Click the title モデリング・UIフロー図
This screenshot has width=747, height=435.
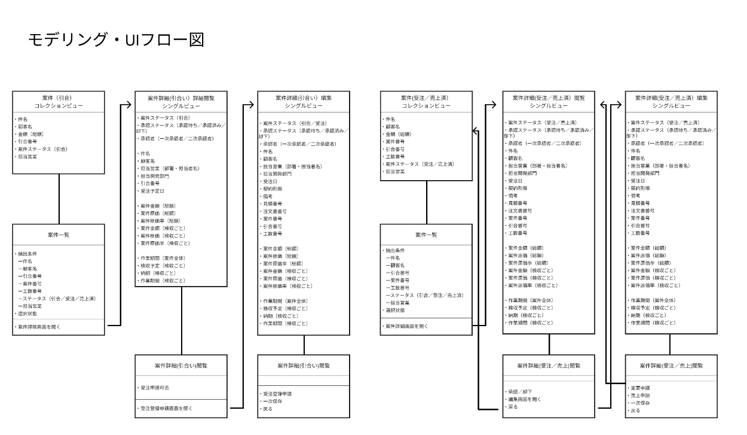click(116, 40)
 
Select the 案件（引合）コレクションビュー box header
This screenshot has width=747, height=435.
click(59, 101)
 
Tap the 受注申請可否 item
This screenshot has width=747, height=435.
click(155, 388)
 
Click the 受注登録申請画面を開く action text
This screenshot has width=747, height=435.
click(167, 408)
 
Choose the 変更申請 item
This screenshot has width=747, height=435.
click(640, 388)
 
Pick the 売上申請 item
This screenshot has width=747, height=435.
click(640, 396)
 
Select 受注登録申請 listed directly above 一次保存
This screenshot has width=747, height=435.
click(278, 394)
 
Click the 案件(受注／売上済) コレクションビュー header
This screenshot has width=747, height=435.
click(426, 101)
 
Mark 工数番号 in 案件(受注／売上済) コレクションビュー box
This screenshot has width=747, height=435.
click(396, 156)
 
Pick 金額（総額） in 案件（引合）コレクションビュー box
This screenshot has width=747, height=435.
click(30, 134)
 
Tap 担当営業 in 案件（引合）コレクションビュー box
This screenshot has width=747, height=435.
click(27, 156)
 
